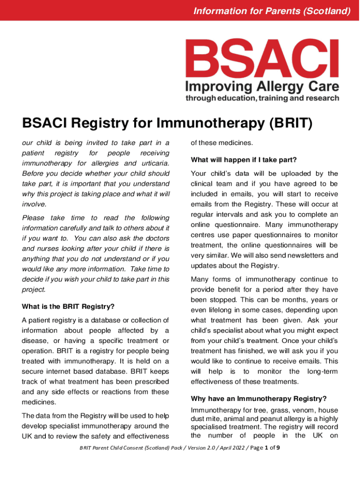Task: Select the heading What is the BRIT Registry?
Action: pos(68,307)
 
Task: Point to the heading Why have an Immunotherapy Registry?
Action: pos(259,399)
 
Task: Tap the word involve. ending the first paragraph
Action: pos(34,204)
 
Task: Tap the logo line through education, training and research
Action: pos(262,98)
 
